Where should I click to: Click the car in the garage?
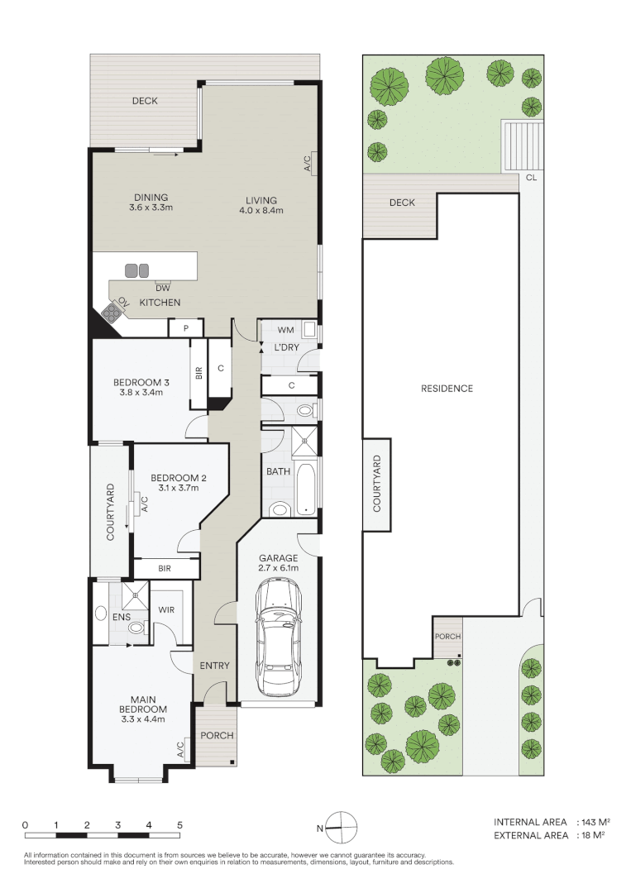[279, 638]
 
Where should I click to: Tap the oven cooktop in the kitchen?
[112, 312]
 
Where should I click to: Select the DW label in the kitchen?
[163, 289]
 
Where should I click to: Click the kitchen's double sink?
[136, 270]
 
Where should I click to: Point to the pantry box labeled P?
[185, 327]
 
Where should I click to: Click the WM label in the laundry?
[286, 330]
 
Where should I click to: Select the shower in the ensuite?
[135, 595]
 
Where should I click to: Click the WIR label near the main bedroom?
[166, 609]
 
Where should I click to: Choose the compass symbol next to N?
[341, 828]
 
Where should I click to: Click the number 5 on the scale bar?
[179, 824]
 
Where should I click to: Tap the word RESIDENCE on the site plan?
[447, 389]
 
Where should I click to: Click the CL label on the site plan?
[531, 178]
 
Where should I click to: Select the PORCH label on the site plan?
[447, 636]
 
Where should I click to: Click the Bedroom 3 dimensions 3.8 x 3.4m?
[141, 393]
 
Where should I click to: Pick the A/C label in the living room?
[307, 164]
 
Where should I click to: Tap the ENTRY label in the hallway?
[215, 665]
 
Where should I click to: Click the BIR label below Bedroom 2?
[165, 568]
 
